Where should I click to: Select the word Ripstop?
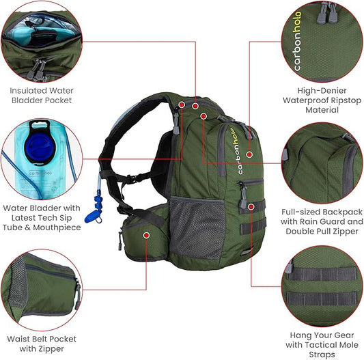(346, 100)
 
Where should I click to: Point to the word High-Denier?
(322, 91)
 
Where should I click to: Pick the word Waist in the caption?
(17, 339)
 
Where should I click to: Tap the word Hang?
(300, 335)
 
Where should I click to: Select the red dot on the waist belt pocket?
(146, 235)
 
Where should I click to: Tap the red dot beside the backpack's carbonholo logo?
(249, 154)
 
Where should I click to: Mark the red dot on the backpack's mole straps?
(251, 206)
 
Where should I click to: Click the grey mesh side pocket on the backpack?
(197, 227)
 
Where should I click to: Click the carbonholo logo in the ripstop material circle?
(297, 42)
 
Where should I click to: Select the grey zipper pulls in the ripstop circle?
(326, 14)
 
